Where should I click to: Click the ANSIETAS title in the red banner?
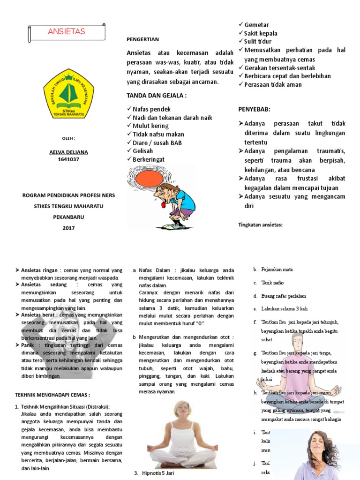tap(66, 32)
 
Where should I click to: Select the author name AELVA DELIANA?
tap(68, 152)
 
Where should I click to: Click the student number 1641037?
tap(68, 159)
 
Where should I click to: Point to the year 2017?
tap(68, 228)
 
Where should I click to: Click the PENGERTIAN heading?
tap(143, 39)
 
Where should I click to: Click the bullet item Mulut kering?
tap(151, 126)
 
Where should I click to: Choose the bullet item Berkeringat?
tap(149, 160)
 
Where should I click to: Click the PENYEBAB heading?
tap(255, 109)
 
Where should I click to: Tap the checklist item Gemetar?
tap(256, 25)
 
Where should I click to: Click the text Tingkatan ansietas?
tap(261, 225)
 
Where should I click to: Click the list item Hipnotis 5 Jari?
tap(157, 473)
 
